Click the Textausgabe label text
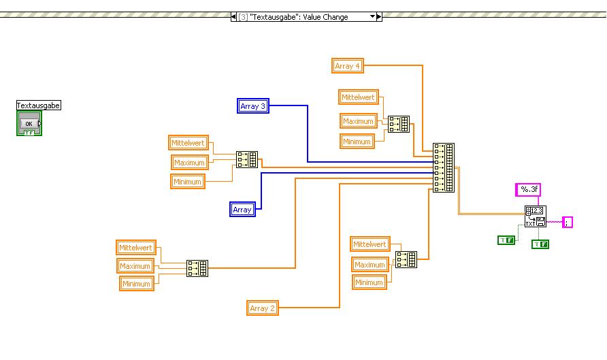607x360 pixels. (39, 105)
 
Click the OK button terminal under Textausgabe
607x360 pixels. (29, 124)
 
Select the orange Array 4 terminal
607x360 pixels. (348, 66)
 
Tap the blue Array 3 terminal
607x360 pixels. (253, 106)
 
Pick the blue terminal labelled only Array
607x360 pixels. (242, 210)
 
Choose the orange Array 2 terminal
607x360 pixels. (263, 308)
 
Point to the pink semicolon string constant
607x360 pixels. (567, 222)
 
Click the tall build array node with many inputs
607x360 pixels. (444, 167)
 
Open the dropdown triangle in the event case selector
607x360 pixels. (372, 16)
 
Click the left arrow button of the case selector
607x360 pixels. (233, 16)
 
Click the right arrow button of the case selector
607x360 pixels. (380, 16)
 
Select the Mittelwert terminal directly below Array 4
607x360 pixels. (358, 97)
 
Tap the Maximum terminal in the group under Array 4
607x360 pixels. (358, 121)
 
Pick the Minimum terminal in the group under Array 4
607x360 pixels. (357, 142)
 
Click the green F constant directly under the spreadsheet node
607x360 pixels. (540, 244)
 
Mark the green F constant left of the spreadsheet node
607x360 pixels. (506, 240)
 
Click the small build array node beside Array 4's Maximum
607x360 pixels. (397, 123)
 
